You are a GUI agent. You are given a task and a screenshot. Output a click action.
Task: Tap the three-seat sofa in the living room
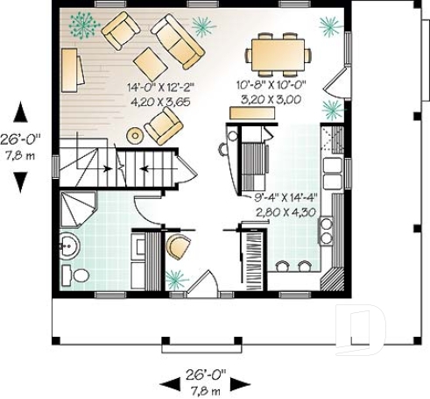[178, 40]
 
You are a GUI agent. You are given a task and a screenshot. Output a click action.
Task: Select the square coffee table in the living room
[150, 63]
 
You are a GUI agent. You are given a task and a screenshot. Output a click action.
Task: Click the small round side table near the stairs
[135, 135]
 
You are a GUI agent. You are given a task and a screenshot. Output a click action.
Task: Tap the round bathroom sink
[67, 245]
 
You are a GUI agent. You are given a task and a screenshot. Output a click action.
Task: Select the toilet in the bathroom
[80, 275]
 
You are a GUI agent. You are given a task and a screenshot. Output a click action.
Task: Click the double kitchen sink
[334, 167]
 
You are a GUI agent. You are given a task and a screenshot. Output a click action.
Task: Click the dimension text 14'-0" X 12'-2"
[160, 89]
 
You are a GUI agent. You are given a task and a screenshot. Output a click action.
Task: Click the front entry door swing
[201, 284]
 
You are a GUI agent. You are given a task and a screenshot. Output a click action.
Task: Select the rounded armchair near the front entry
[178, 248]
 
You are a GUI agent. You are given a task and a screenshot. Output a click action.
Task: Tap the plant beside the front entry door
[176, 280]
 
